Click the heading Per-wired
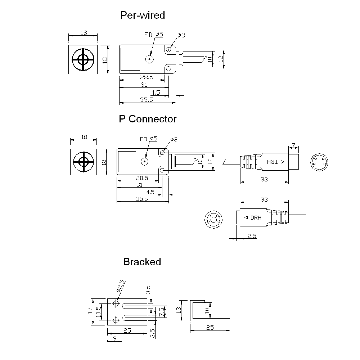point(142,15)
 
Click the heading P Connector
point(148,119)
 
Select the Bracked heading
point(142,262)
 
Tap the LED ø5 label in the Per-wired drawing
point(152,35)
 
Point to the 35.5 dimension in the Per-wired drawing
point(147,100)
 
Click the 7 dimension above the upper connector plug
point(293,145)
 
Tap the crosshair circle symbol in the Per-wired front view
point(83,60)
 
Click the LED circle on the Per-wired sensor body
point(149,59)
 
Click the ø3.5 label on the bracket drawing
point(121,286)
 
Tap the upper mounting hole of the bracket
point(116,304)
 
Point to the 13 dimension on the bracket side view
point(179,310)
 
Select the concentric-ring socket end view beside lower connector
point(214,219)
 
